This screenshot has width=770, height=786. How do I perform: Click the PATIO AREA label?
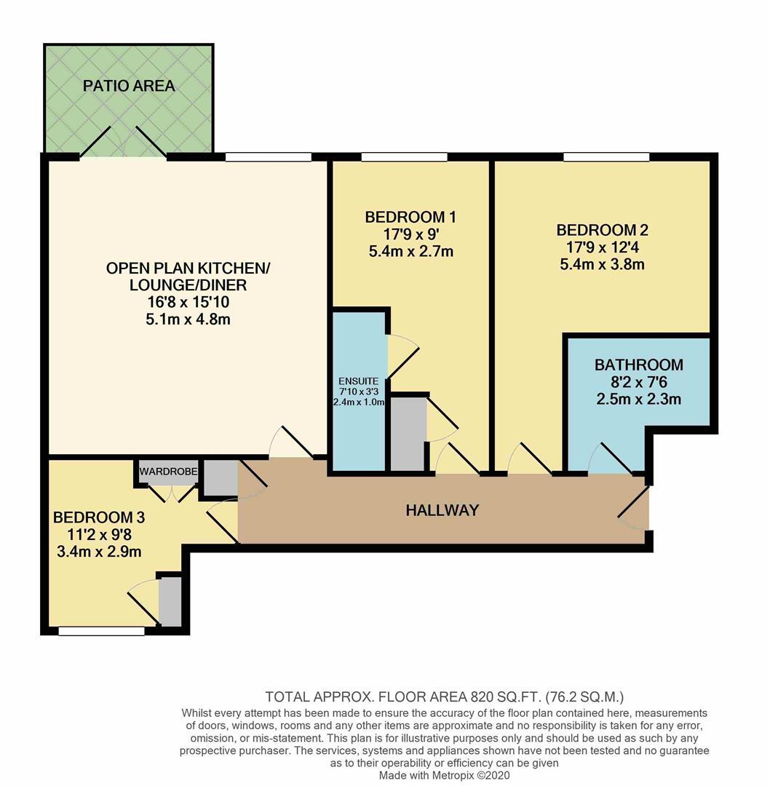129,86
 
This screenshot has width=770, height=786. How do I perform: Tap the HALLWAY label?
442,510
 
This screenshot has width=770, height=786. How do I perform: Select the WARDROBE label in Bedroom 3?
168,472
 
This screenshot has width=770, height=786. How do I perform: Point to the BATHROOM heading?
638,365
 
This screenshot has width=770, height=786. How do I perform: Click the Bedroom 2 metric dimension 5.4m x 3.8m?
602,264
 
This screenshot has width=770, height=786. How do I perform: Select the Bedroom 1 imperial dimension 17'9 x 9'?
410,234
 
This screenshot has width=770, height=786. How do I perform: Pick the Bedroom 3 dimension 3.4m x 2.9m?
99,551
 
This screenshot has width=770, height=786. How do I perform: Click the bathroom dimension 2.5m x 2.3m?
638,399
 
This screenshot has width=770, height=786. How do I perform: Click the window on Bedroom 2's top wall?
606,156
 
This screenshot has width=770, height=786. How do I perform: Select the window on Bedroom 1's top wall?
404,156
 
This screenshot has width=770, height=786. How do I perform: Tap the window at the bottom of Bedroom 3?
101,631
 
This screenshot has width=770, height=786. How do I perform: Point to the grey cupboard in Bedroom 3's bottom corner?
170,601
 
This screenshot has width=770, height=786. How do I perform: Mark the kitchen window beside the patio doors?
268,156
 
